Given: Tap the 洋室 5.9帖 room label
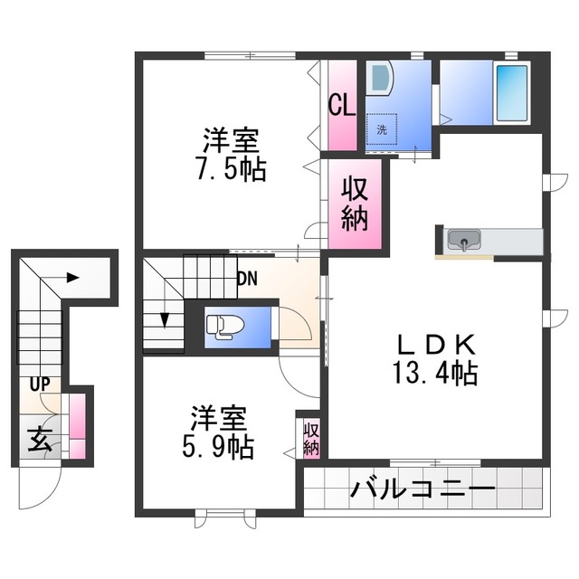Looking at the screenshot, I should click(222, 432).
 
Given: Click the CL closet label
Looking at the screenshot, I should click(341, 107).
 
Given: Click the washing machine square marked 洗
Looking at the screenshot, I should click(381, 128).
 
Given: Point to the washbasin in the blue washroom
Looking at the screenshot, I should click(381, 77).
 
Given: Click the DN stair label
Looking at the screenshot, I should click(246, 279).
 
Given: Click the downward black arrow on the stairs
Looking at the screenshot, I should click(165, 319).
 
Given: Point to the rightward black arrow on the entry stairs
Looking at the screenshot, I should click(72, 277).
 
